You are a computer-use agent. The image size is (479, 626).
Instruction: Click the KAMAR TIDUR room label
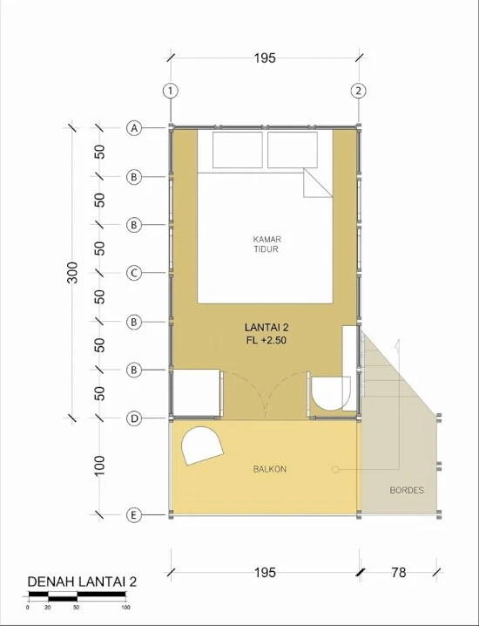pos(266,244)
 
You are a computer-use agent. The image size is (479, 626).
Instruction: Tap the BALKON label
pos(270,469)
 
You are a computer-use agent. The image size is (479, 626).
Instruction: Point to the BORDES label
pos(407,490)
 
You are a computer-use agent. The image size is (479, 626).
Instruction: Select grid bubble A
pos(134,128)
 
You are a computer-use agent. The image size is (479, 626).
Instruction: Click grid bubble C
pos(134,273)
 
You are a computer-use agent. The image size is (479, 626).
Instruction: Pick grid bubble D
pos(134,418)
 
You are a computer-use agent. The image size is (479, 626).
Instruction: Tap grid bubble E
pos(134,515)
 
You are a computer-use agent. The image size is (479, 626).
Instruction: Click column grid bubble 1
pos(171,91)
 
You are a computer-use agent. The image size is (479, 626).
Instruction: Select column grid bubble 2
pos(358,91)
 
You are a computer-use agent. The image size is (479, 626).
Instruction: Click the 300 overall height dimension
pos(72,273)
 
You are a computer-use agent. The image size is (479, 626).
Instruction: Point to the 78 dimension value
pos(398,573)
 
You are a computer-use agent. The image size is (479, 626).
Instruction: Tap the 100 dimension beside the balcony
pos(99,466)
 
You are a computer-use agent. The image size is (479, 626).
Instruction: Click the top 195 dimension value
pos(265,58)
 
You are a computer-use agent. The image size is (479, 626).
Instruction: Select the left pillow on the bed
pos(238,150)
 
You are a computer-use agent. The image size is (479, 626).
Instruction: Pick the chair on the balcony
pos(202,446)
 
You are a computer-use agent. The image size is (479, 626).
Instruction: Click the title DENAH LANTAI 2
pos(82,582)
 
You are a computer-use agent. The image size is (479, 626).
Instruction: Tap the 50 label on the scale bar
pos(76,608)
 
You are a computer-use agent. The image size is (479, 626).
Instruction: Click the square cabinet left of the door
pos(196,394)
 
